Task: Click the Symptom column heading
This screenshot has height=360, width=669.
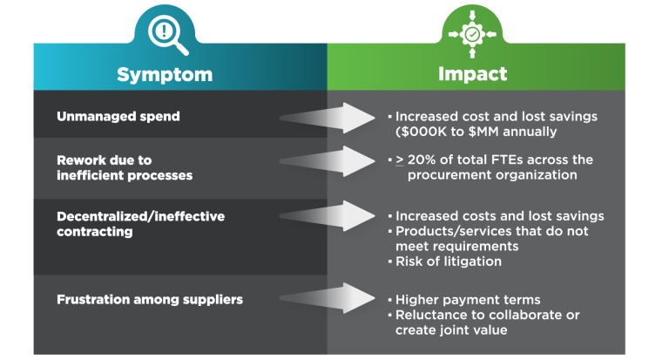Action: [165, 74]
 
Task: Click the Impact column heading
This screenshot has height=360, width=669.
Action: [472, 74]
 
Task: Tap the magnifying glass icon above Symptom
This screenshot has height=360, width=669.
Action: [165, 33]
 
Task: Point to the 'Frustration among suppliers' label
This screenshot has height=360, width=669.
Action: [149, 300]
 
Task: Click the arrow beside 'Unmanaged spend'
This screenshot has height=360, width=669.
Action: [327, 118]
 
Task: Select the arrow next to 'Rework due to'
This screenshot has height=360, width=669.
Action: [327, 161]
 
